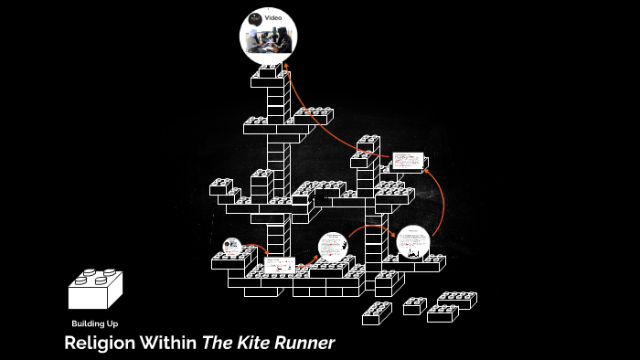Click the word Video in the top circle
coord(273,18)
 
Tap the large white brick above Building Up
coord(95,291)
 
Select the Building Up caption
coord(94,324)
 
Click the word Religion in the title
coord(99,344)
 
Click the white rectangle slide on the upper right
coord(409,161)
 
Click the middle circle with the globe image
coord(333,248)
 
